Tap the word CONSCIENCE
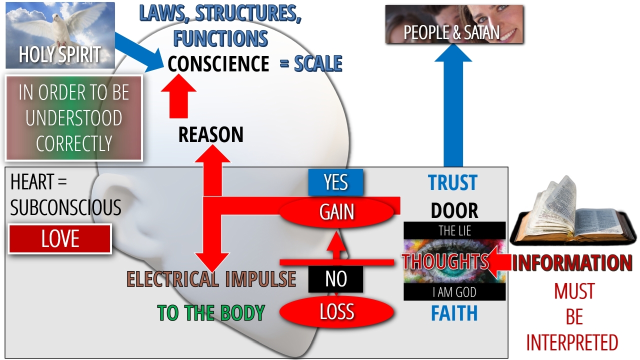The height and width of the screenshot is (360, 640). tap(218, 64)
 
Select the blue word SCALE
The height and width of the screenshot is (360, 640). tap(318, 64)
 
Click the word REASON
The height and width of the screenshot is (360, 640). tap(210, 134)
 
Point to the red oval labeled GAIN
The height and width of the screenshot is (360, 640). tap(337, 212)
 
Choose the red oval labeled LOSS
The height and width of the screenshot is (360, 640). tap(337, 312)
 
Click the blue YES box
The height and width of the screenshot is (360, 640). tap(335, 182)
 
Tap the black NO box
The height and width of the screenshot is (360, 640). tap(335, 279)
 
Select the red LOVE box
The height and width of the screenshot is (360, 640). tap(60, 239)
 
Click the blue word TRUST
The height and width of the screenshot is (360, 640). tap(453, 183)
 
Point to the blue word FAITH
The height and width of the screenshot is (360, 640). tap(454, 313)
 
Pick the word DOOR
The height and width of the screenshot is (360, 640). tap(454, 211)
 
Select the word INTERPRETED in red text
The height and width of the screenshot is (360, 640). tap(572, 343)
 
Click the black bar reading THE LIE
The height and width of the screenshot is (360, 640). tap(454, 231)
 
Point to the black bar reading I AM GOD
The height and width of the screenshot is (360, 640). tap(454, 292)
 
